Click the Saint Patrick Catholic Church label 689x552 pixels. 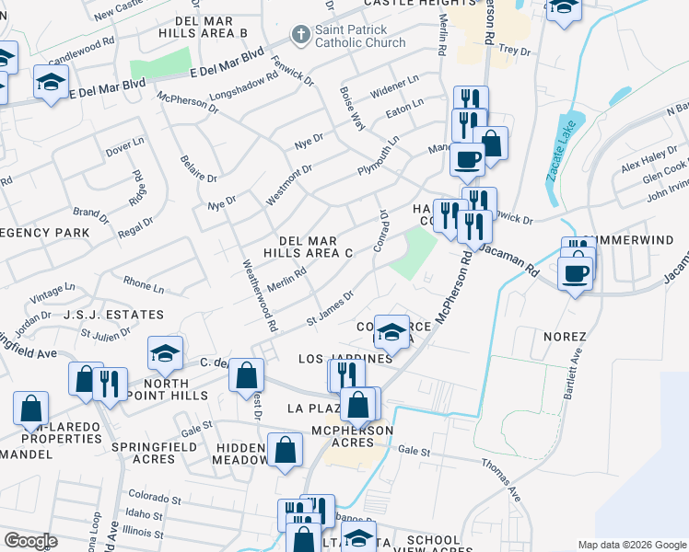point(360,36)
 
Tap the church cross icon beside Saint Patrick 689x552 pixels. point(299,35)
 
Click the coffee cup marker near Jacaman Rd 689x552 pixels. point(576,273)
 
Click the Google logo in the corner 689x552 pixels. point(30,541)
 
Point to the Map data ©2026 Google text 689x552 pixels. point(632,545)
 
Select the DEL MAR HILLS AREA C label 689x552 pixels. point(309,246)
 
